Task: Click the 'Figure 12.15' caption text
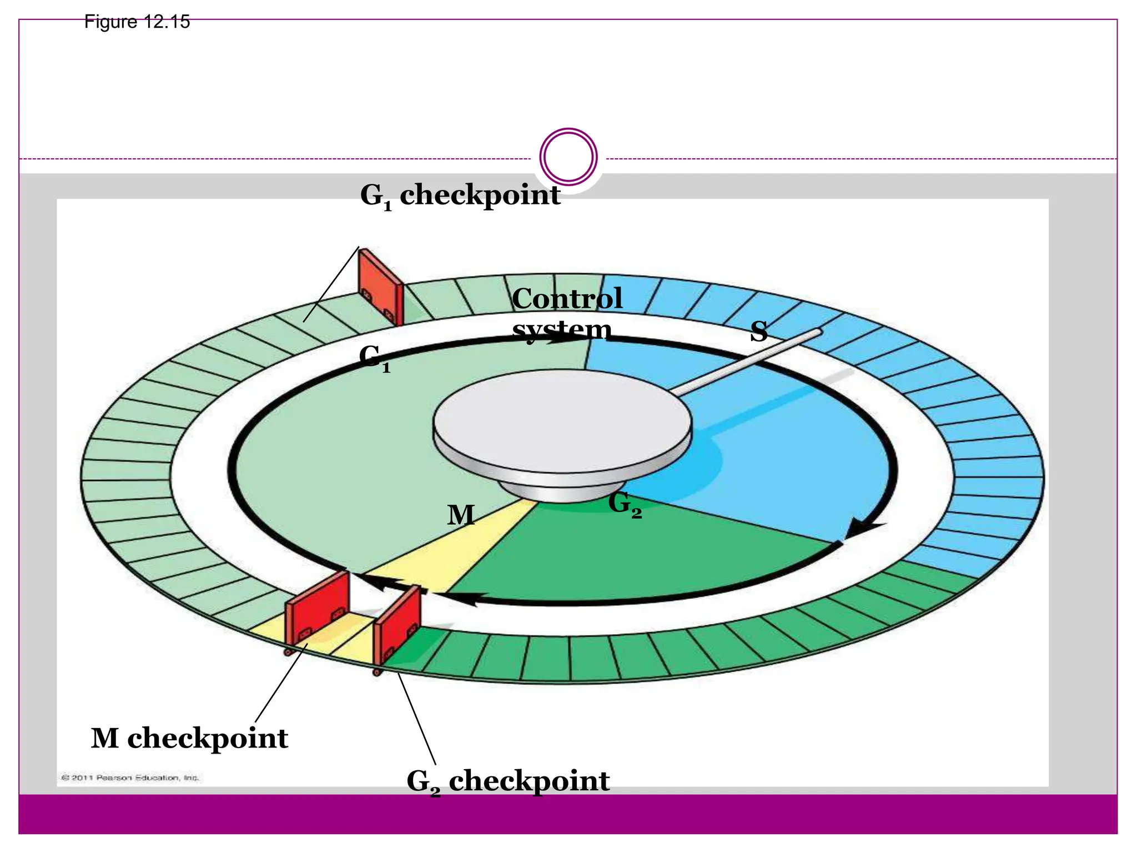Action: coord(137,22)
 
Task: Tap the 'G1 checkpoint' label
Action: coord(460,196)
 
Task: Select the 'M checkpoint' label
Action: coord(189,739)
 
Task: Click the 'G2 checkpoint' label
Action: coord(508,781)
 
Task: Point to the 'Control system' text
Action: coord(566,314)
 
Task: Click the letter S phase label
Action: coord(758,332)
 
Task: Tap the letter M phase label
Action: coord(461,515)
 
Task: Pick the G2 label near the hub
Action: coord(625,504)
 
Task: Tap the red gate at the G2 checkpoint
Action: coord(398,624)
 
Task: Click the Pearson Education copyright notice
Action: coord(129,777)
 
